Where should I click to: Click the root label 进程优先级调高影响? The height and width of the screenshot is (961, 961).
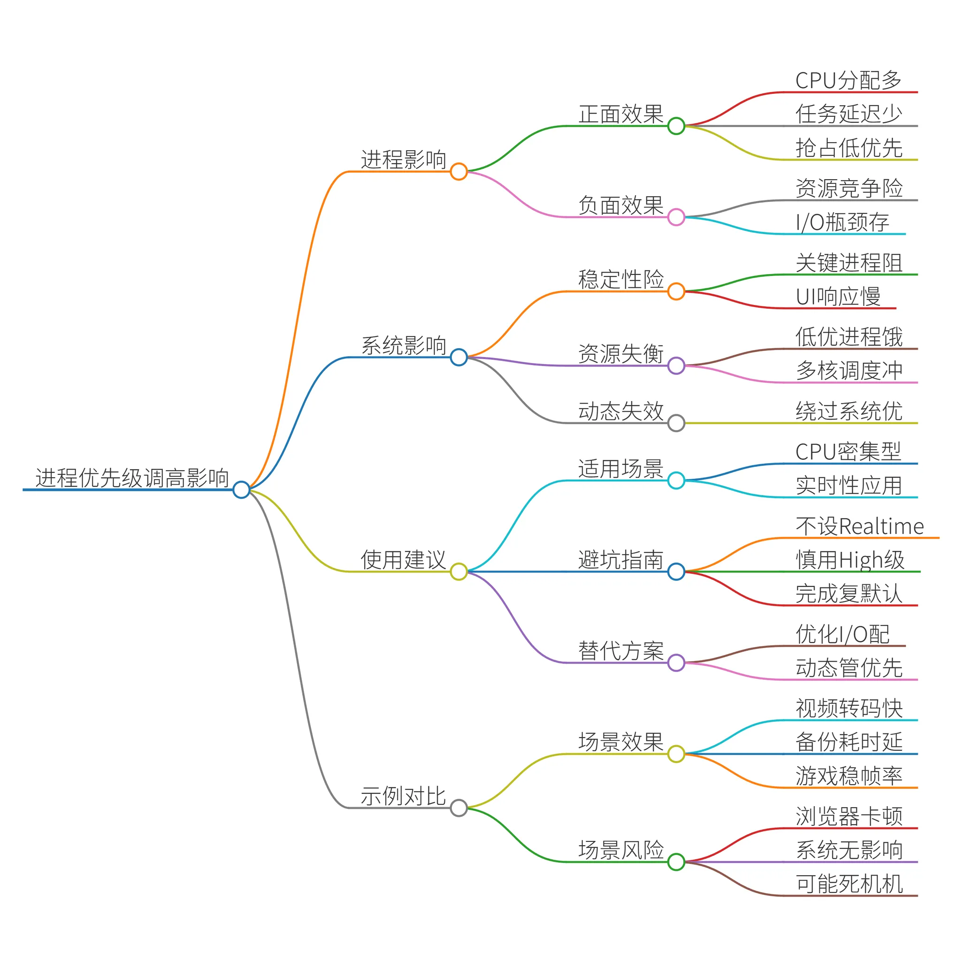132,478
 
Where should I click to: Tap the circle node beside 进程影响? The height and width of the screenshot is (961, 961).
458,172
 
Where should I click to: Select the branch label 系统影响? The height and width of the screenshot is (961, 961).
404,346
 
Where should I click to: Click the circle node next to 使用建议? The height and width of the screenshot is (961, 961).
458,572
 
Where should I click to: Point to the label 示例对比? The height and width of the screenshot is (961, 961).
404,796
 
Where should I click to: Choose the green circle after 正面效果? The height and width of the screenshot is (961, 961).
676,126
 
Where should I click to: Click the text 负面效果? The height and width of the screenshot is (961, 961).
621,206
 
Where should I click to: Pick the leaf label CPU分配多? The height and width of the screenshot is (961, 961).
848,81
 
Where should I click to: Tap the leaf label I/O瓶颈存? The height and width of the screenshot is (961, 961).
842,222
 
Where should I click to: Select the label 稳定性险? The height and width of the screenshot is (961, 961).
621,280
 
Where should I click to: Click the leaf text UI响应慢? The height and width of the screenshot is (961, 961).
838,297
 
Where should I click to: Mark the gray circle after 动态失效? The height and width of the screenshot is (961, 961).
676,423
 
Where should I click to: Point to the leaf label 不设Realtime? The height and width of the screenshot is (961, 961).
860,526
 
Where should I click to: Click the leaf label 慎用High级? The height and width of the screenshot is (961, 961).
850,560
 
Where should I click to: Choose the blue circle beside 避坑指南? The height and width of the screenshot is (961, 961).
676,572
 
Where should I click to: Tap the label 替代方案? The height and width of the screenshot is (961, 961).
621,651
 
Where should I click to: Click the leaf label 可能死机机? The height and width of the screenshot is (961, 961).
849,884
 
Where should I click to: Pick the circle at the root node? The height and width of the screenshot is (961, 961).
241,489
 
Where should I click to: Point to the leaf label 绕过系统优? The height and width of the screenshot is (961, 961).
849,412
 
